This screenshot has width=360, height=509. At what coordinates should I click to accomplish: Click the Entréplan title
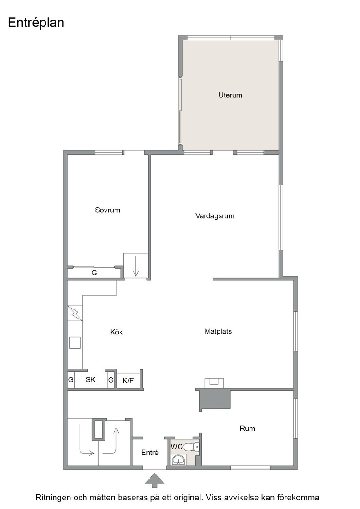(36, 23)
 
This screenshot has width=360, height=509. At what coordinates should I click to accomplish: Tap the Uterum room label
(230, 95)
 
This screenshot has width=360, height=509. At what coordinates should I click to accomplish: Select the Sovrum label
(107, 210)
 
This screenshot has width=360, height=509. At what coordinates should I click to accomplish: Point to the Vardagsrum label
(215, 216)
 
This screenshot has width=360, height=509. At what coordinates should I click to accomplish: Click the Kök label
(116, 332)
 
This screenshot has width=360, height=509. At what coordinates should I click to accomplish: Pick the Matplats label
(218, 331)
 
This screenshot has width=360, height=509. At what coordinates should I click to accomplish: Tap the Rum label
(247, 429)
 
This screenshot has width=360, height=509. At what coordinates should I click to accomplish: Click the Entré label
(150, 453)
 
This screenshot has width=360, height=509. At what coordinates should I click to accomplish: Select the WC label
(176, 447)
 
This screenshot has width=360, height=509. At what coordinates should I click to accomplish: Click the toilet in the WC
(190, 447)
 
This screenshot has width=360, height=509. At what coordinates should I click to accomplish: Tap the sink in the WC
(178, 460)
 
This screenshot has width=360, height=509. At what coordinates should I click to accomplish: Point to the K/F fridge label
(128, 380)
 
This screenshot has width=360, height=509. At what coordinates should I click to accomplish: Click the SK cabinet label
(90, 379)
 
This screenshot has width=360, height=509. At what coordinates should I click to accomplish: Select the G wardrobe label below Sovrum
(94, 273)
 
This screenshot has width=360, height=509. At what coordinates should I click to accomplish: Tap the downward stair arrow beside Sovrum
(136, 266)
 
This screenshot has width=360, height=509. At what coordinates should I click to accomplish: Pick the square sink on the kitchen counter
(75, 343)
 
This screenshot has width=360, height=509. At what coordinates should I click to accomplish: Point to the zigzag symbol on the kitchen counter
(75, 314)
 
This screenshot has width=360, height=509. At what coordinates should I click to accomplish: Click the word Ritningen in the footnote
(53, 498)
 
